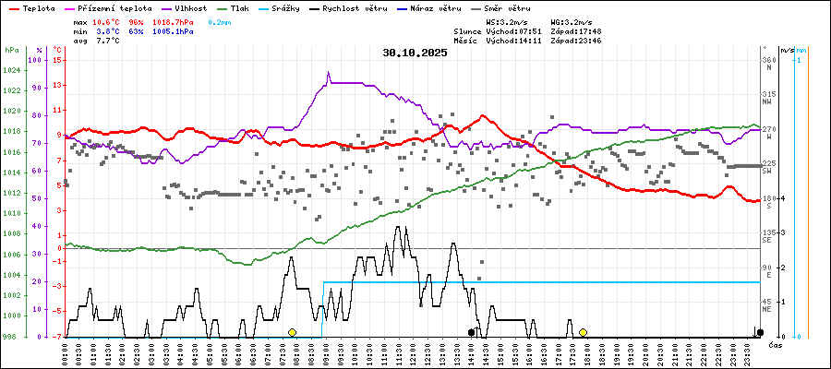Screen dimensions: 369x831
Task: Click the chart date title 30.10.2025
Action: point(415,53)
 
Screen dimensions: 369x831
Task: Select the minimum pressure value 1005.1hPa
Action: point(173,30)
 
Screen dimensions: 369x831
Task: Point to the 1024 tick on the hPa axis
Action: point(13,70)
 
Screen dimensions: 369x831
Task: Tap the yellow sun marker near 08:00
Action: point(292,332)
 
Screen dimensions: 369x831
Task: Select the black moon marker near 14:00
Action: point(471,332)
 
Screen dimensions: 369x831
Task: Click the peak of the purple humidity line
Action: point(328,73)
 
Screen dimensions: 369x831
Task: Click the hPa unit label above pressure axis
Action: point(11,50)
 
